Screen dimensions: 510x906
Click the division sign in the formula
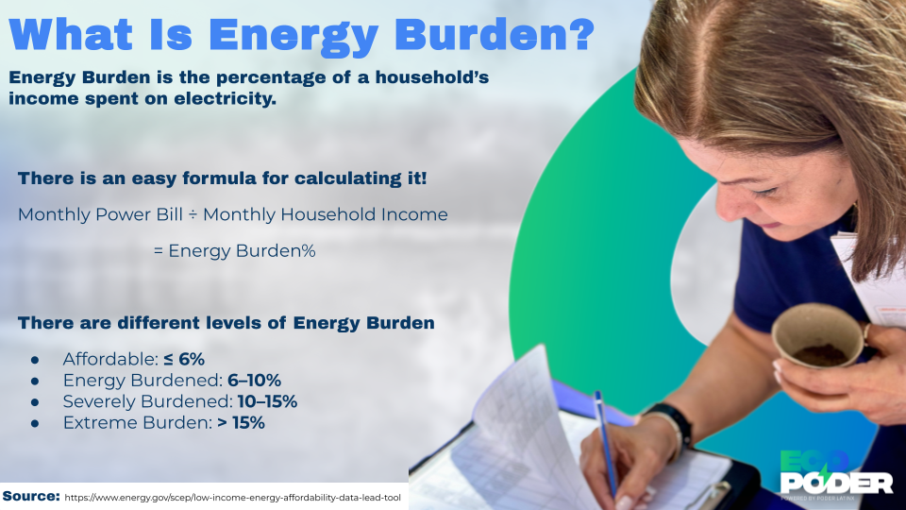click(191, 215)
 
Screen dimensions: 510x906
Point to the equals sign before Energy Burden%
click(158, 251)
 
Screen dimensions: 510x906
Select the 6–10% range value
click(254, 381)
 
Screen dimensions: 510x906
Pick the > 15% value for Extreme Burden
click(241, 423)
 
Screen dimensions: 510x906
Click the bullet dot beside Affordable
click(35, 360)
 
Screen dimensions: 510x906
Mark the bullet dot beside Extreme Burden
click(35, 424)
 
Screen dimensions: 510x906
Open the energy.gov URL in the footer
click(234, 497)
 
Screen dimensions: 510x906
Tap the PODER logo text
click(836, 484)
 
